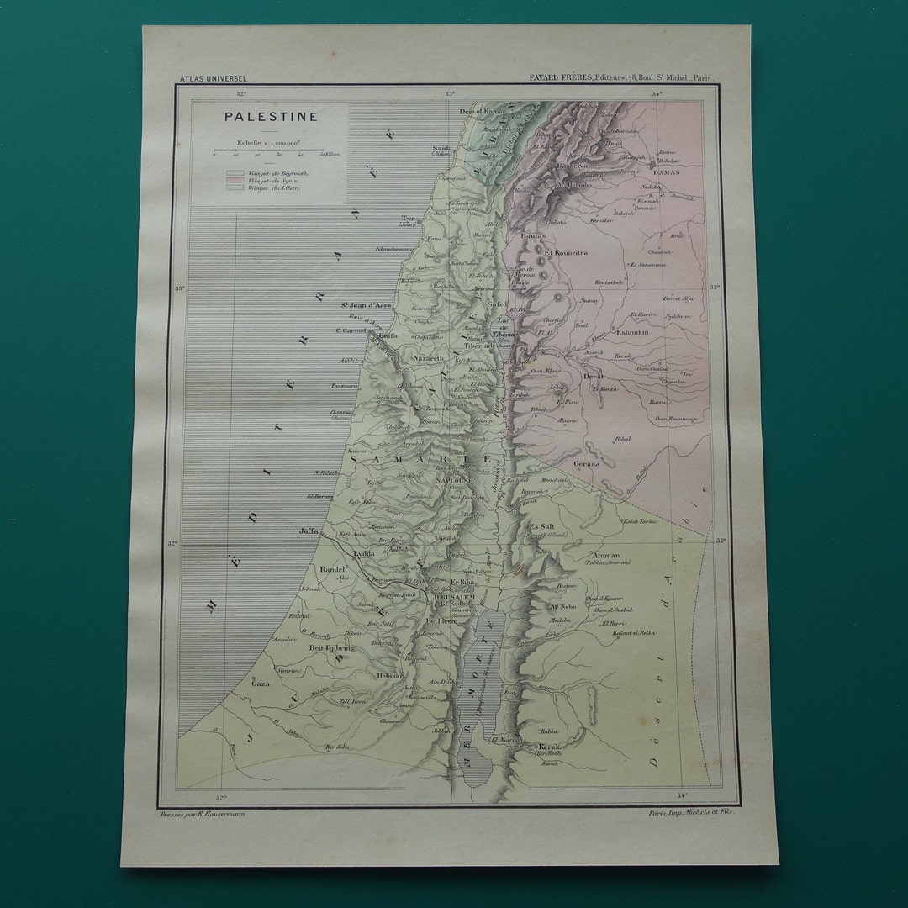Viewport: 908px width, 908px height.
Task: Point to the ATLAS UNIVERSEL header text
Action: point(213,79)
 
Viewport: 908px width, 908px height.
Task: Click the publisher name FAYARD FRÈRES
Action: point(559,77)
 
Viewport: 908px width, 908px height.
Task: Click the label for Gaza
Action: point(261,684)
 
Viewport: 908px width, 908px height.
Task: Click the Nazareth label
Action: point(426,357)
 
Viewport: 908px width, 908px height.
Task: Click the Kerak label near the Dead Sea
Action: point(549,746)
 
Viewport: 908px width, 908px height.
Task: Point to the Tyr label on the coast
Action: point(408,218)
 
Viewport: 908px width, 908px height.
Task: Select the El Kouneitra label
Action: point(566,251)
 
